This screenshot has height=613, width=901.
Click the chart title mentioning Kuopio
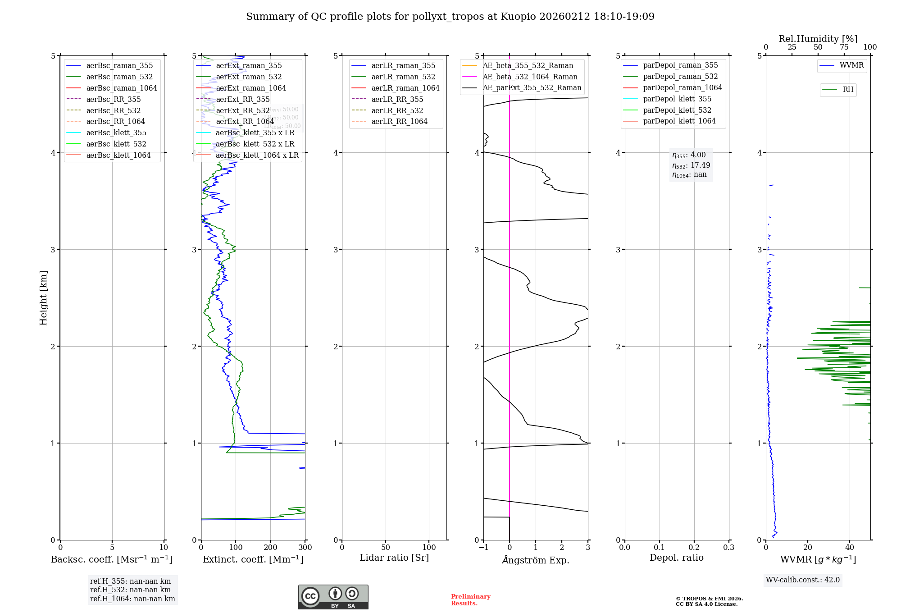pyautogui.click(x=450, y=17)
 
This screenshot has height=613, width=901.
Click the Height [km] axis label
pyautogui.click(x=43, y=298)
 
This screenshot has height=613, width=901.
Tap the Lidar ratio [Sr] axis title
pyautogui.click(x=394, y=558)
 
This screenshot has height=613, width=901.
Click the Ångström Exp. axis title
pyautogui.click(x=536, y=560)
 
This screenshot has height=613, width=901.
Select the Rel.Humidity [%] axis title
pyautogui.click(x=818, y=39)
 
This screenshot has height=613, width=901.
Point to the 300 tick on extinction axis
pyautogui.click(x=305, y=548)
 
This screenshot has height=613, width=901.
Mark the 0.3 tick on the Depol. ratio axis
pyautogui.click(x=728, y=548)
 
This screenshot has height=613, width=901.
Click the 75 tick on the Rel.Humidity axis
pyautogui.click(x=844, y=47)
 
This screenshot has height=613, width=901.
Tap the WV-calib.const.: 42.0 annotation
pyautogui.click(x=803, y=580)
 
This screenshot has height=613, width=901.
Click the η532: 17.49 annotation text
pyautogui.click(x=691, y=165)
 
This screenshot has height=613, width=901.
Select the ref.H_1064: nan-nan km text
pyautogui.click(x=132, y=599)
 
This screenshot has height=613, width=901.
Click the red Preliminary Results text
pyautogui.click(x=470, y=600)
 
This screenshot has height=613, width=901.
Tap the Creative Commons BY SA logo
pyautogui.click(x=333, y=597)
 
